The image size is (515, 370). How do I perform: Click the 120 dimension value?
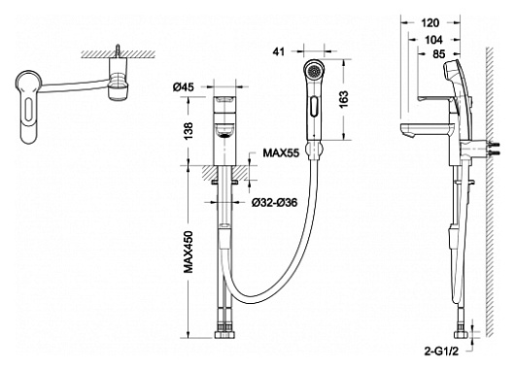(x=429, y=23)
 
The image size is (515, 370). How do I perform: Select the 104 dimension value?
(x=433, y=40)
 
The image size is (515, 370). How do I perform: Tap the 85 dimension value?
(x=439, y=54)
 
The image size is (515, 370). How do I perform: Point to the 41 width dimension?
(x=279, y=51)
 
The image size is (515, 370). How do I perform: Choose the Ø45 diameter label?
(x=184, y=87)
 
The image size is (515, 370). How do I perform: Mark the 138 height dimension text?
(x=188, y=131)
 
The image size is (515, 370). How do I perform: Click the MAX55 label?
(x=281, y=152)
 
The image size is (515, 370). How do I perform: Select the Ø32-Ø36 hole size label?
(x=275, y=203)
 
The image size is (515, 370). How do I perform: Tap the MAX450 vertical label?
(x=189, y=252)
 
